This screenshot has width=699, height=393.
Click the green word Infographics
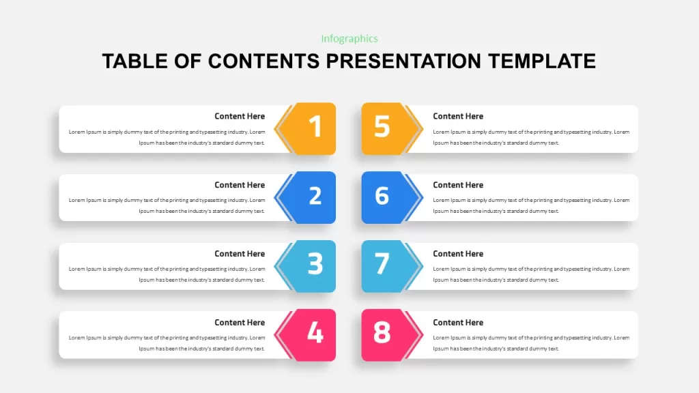pos(349,39)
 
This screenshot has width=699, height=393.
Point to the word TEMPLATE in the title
pos(541,61)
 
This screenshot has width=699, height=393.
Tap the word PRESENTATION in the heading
pos(403,61)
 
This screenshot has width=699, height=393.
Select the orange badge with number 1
pos(308,128)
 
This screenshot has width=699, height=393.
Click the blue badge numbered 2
pos(308,197)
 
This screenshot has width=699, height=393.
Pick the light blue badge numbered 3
pos(308,266)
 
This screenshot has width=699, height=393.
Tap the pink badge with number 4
pos(308,334)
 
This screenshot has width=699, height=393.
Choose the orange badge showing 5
pos(389,128)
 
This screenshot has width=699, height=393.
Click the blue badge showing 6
pos(389,197)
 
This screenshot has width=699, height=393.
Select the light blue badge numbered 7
pos(389,266)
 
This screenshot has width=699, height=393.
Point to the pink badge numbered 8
pos(389,334)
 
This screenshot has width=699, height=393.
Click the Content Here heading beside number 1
pos(240,116)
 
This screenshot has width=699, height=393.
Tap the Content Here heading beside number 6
pos(458,185)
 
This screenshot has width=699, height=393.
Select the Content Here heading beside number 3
pos(240,254)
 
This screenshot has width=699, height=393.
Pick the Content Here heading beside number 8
pos(458,322)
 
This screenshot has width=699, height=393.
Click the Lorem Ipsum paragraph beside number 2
pos(167,205)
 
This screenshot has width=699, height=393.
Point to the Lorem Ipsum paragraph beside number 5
pos(531,137)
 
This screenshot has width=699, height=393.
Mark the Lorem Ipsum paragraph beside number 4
pos(167,343)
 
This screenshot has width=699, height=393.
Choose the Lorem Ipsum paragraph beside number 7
pos(531,274)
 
